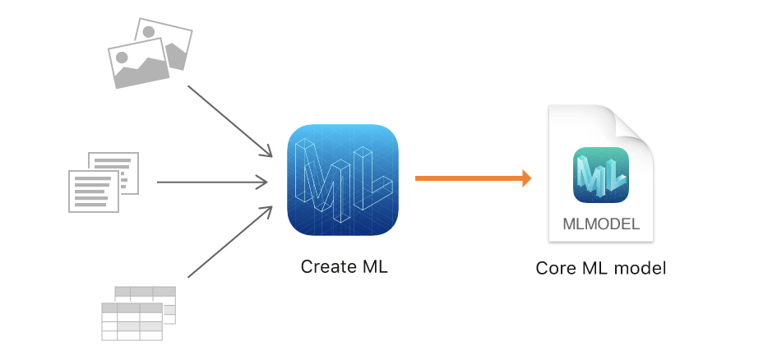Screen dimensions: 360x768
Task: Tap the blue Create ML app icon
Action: (x=344, y=178)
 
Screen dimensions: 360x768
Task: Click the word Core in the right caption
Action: (x=553, y=269)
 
